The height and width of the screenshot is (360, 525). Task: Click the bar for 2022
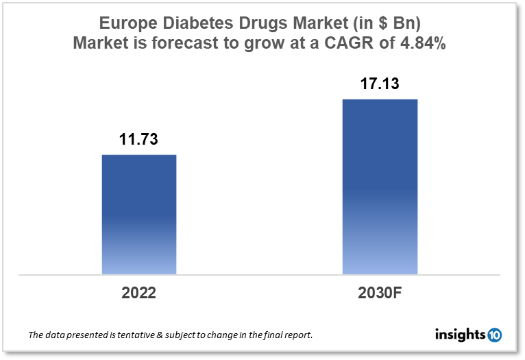pos(139,214)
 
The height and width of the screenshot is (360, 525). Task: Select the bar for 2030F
pos(380,187)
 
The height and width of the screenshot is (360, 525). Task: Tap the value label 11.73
pos(139,140)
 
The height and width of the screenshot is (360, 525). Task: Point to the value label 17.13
pos(380,84)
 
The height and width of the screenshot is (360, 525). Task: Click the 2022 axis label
pos(139,293)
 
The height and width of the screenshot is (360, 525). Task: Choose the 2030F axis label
pos(380,293)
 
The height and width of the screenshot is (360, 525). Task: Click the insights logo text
pos(461,335)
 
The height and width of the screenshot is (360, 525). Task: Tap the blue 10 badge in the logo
pos(494,335)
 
